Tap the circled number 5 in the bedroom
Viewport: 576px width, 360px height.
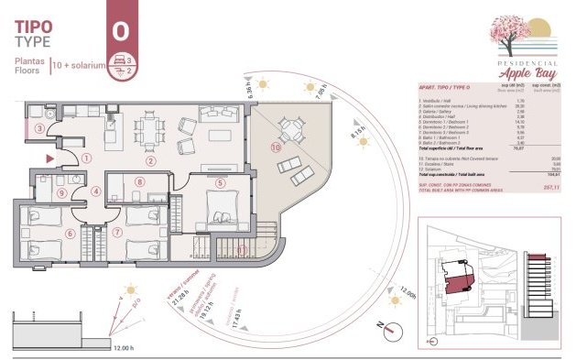pyautogui.click(x=220, y=182)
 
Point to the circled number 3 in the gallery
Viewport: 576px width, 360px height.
pyautogui.click(x=39, y=129)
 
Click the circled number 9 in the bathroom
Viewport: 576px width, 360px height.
pyautogui.click(x=61, y=192)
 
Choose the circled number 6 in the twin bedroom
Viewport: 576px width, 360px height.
pyautogui.click(x=71, y=233)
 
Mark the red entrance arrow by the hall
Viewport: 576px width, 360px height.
pyautogui.click(x=50, y=159)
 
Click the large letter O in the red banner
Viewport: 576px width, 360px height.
pyautogui.click(x=120, y=30)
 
